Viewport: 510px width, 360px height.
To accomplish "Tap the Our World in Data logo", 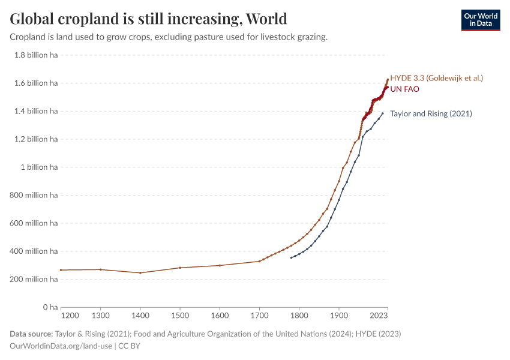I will pos(480,20).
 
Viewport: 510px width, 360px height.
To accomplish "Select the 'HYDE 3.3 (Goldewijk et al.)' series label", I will pos(436,78).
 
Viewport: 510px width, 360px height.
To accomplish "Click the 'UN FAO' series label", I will pos(404,89).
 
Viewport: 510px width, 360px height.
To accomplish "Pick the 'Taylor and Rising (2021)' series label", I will pos(431,113).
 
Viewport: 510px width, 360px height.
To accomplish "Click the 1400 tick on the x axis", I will pos(140,315).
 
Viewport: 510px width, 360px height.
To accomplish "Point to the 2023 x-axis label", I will pos(379,315).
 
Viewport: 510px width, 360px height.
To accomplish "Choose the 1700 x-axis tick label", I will pos(259,315).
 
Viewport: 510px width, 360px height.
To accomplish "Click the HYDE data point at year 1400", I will pos(140,273).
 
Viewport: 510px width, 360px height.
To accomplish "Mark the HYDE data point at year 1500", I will pos(180,268).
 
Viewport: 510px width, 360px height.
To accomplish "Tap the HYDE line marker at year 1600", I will pos(220,265).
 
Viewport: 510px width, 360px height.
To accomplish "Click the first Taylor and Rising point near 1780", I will pos(291,258).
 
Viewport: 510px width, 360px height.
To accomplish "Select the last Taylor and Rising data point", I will pos(383,113).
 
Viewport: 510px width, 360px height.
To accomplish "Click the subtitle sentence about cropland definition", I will pos(169,37).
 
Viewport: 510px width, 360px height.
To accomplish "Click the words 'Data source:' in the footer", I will pos(31,334).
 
